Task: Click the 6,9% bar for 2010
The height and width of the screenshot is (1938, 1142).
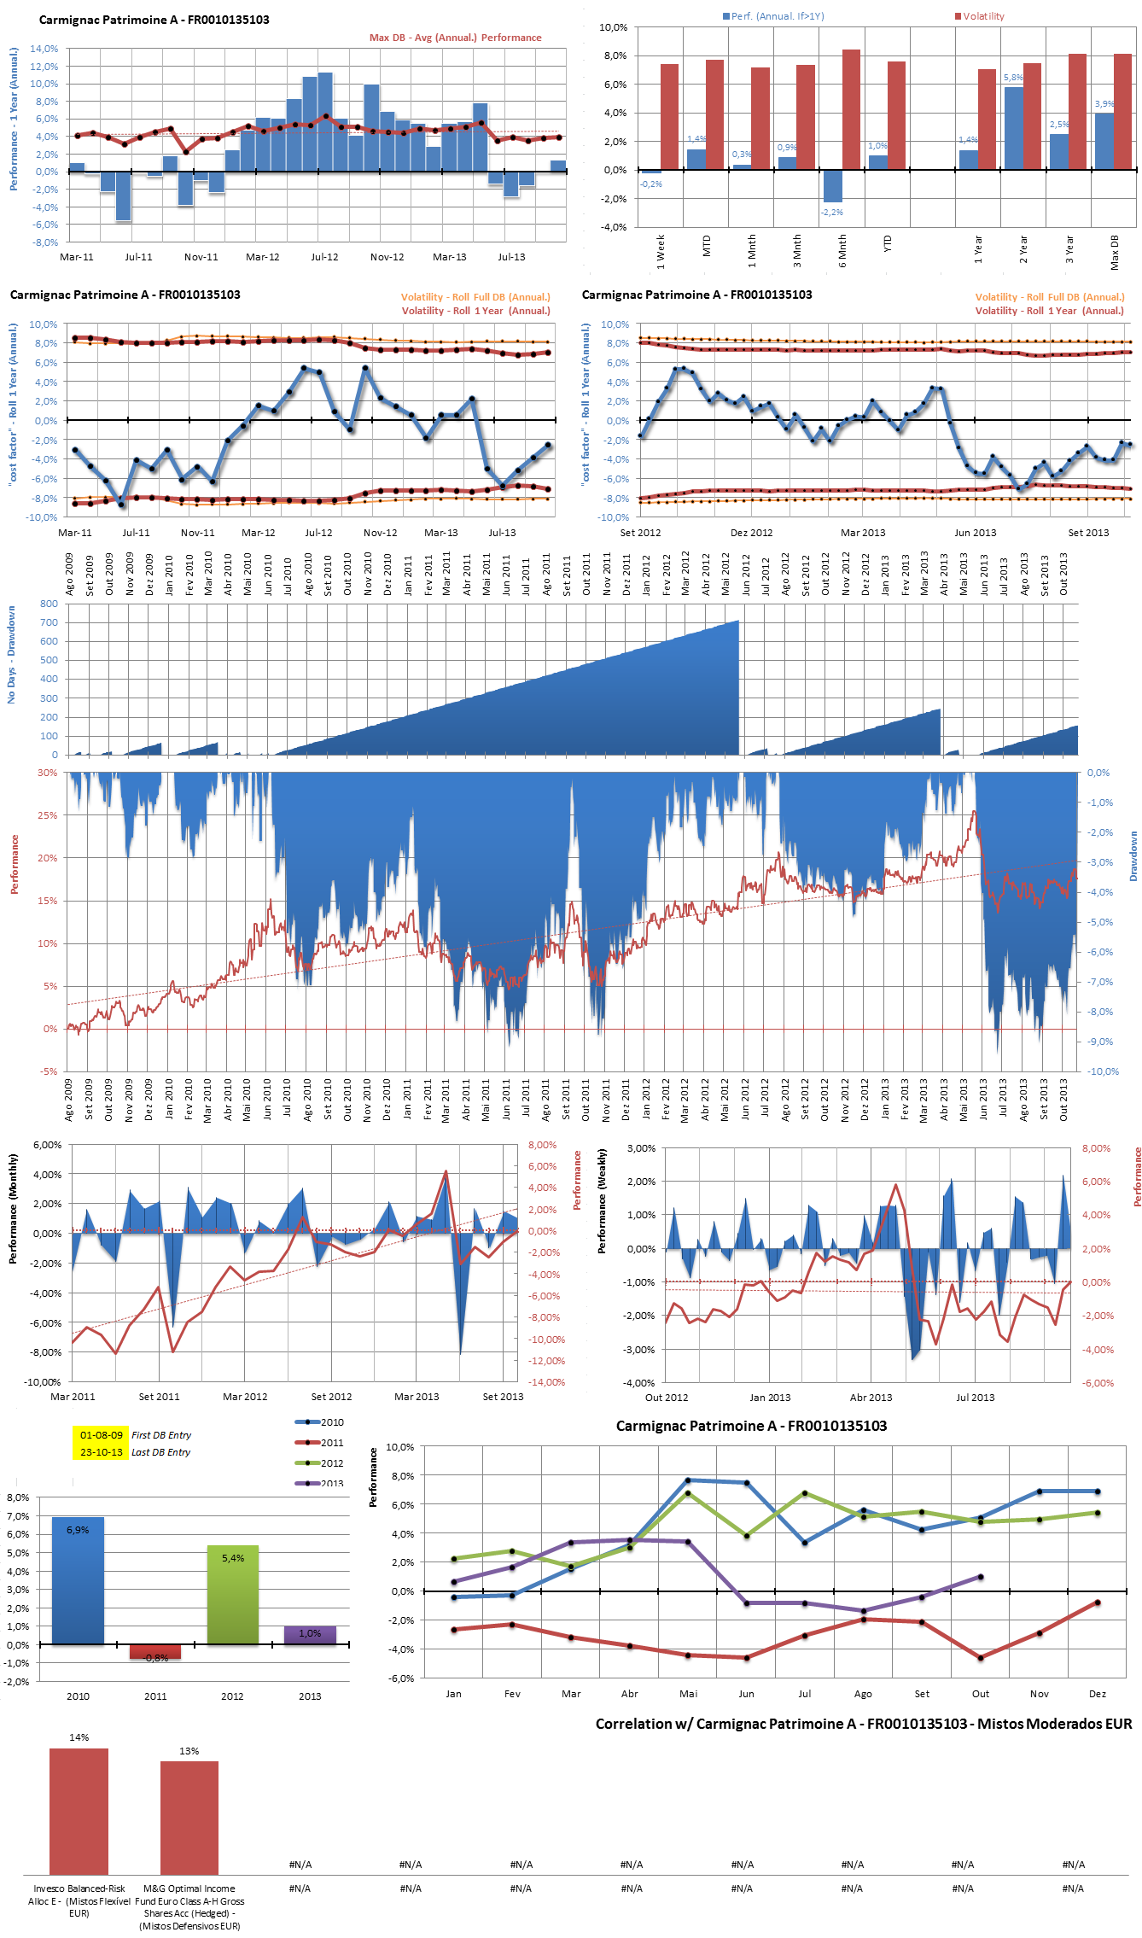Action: (x=78, y=1580)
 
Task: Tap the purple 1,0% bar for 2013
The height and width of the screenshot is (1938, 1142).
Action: (x=310, y=1634)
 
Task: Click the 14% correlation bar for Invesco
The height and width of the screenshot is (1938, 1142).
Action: (x=79, y=1810)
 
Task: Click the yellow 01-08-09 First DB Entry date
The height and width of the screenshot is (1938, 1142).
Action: (x=101, y=1435)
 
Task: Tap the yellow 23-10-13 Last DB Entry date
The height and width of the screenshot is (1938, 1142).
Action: (x=101, y=1452)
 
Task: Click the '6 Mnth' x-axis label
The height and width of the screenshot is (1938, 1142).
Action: (x=842, y=252)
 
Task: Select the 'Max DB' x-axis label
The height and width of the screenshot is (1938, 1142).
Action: (x=1115, y=254)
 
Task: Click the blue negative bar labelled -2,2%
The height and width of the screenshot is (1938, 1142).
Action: (x=833, y=185)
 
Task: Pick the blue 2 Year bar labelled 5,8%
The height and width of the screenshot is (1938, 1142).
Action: (x=1013, y=128)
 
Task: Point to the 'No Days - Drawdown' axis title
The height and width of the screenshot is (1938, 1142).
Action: (x=11, y=655)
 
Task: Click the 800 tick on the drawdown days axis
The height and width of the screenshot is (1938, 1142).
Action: (x=49, y=604)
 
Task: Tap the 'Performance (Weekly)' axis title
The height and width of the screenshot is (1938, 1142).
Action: (x=602, y=1201)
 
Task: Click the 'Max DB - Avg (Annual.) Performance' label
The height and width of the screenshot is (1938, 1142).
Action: (x=455, y=38)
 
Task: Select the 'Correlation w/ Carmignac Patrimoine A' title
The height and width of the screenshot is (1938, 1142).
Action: (x=863, y=1724)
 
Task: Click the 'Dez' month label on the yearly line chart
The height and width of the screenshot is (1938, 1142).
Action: (x=1098, y=1694)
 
